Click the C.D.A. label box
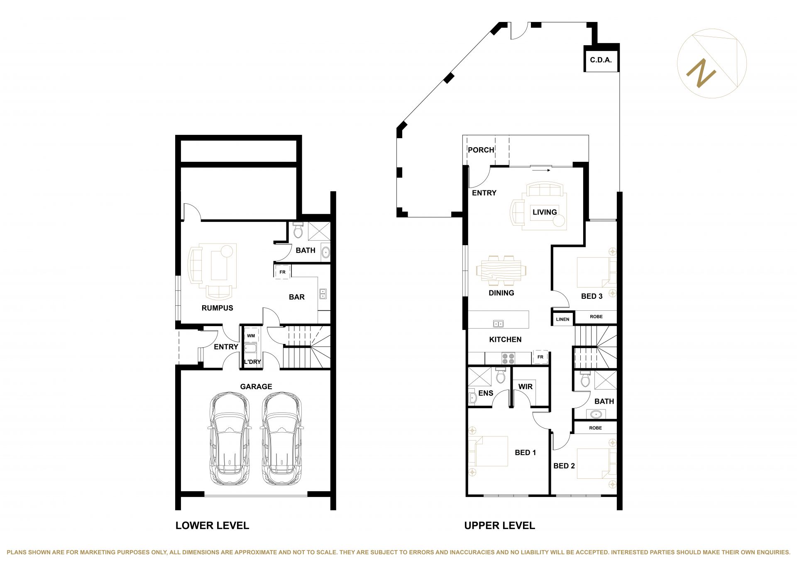[601, 60]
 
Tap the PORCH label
[481, 150]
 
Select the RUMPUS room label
[217, 308]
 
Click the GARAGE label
[256, 387]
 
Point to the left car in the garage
[230, 438]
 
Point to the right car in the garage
[282, 438]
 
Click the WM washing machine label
[251, 336]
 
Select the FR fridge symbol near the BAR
[282, 272]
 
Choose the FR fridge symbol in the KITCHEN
[540, 357]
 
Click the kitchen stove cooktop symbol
[508, 358]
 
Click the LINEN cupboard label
[562, 319]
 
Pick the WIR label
[525, 387]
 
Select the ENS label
[486, 393]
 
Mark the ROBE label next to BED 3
[596, 317]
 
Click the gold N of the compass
[701, 73]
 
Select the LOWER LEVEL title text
[212, 526]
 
